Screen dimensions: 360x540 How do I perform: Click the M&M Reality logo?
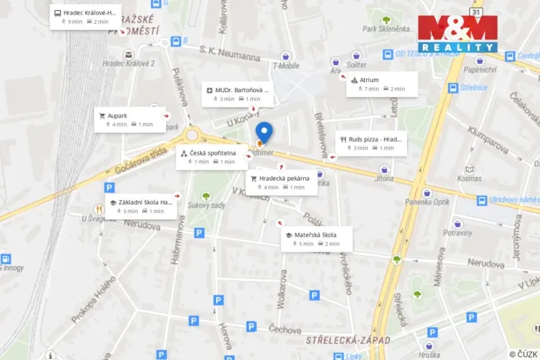pos(458,34)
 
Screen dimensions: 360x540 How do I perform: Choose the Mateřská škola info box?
pos(316,238)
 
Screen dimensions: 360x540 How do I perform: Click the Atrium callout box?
pos(382,84)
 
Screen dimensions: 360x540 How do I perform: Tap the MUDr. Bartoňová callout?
pos(238,94)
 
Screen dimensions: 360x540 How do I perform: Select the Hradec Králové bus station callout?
pos(85,17)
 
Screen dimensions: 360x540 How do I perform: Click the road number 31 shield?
pos(477,12)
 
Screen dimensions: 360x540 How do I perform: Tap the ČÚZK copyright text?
pos(523,354)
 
